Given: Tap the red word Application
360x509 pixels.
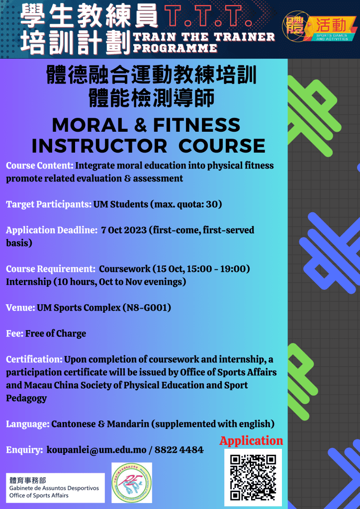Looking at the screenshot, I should (251, 441).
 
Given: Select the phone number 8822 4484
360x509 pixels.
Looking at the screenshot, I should (179, 450).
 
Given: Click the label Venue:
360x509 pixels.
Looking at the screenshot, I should (20, 308).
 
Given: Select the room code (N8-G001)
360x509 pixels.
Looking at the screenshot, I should (147, 308).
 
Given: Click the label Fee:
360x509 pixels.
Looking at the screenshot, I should (14, 334).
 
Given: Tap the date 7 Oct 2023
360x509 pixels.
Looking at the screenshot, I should (123, 230).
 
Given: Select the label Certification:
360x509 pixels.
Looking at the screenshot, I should (34, 359).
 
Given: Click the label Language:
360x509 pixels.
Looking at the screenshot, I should (27, 424).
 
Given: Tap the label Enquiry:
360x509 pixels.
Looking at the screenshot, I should (24, 450).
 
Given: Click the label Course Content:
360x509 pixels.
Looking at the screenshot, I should (40, 166).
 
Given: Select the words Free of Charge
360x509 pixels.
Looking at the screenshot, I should (56, 334).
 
